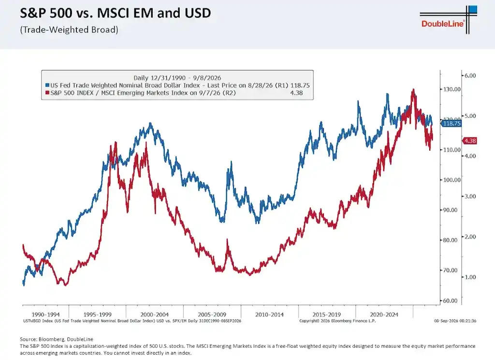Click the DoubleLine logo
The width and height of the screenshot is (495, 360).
coord(448,19)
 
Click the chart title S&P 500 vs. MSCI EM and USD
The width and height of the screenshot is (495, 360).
coord(115,13)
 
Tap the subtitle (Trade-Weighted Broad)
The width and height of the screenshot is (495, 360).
coord(69,29)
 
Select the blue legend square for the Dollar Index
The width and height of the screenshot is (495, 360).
coord(47,85)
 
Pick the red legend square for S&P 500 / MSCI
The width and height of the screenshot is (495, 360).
coord(47,93)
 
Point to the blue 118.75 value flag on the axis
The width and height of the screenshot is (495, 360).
coord(451,123)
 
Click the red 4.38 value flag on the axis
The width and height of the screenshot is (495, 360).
coord(470,141)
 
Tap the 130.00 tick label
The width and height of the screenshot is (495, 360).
coord(451,89)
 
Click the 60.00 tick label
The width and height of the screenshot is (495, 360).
coord(450,301)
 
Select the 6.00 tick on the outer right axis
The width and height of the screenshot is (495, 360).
coord(470,76)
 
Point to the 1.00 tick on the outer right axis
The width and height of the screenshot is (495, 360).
coord(470,277)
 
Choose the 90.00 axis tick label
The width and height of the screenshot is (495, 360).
coord(450,210)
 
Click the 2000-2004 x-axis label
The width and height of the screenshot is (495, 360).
coord(154,315)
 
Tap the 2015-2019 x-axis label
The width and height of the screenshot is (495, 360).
coord(326,315)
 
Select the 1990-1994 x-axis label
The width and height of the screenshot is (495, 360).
coord(45,315)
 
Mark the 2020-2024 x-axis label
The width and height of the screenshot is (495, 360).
coord(384,315)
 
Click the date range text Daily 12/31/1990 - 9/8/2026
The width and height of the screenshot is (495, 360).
coord(177,78)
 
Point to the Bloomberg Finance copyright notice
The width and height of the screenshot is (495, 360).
coord(337,321)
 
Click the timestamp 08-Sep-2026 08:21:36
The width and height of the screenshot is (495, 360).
coord(455,321)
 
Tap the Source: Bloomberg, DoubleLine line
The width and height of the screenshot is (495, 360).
coord(57,339)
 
